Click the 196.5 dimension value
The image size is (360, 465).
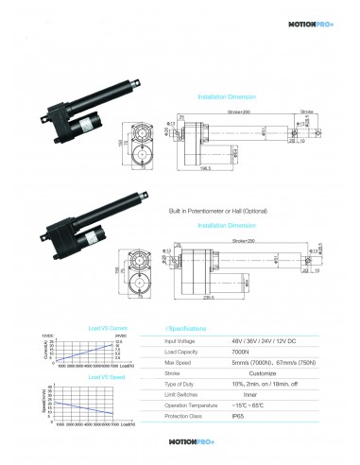pyautogui.click(x=205, y=173)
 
